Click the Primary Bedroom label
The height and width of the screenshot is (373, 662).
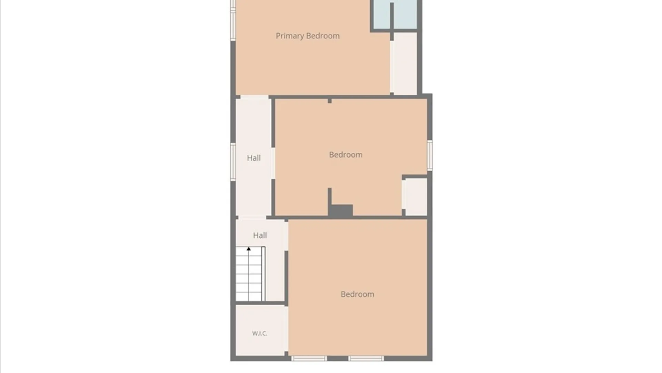(308, 36)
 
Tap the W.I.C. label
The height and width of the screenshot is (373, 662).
(260, 333)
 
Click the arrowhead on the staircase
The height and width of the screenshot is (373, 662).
(249, 249)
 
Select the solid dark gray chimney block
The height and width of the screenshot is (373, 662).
(340, 211)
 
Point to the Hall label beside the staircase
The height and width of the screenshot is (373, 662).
(260, 235)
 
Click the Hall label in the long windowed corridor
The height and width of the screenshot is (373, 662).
(254, 158)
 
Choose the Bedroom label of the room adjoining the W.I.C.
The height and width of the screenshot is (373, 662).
(358, 294)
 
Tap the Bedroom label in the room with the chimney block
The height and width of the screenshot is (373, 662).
(346, 155)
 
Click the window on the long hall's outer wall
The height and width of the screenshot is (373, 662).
(233, 162)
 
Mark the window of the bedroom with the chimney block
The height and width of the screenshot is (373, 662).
(430, 155)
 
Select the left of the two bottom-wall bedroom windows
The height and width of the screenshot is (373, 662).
(309, 358)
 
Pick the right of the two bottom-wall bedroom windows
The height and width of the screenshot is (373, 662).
(366, 358)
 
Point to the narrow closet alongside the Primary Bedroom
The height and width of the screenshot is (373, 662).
(405, 63)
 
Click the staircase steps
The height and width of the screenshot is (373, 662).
(249, 274)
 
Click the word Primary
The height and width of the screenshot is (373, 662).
(290, 36)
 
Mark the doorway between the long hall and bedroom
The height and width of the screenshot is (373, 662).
(273, 163)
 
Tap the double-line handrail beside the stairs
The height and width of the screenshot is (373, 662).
(263, 274)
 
